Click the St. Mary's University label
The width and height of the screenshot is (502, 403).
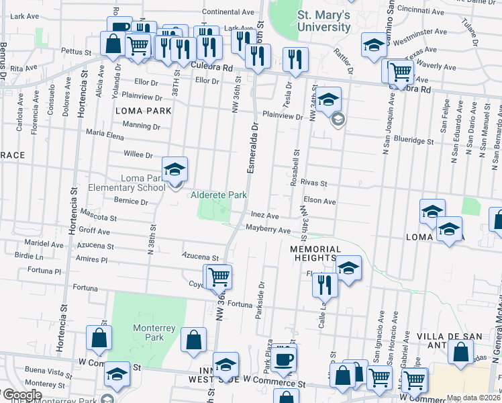[x=324, y=21]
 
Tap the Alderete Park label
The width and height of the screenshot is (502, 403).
[x=219, y=195]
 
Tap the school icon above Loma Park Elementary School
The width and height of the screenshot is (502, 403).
[x=174, y=169]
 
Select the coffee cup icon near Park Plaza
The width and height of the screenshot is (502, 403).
[x=284, y=358]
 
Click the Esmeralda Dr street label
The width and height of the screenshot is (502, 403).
[x=253, y=148]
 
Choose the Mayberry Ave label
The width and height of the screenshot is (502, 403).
[x=267, y=230]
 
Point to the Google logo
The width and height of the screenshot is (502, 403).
[x=21, y=395]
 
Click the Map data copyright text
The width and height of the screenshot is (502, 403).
[x=473, y=398]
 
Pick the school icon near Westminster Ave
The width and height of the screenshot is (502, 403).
[x=374, y=45]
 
